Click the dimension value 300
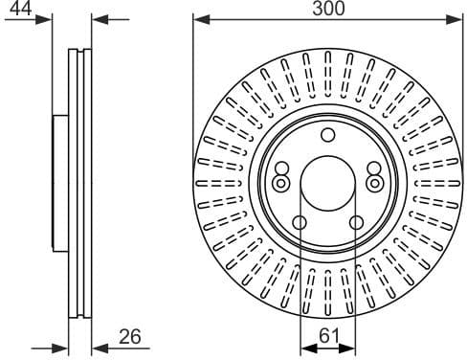(x=326, y=9)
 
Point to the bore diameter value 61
(x=327, y=335)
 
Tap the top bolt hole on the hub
(x=327, y=134)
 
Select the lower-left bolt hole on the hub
(x=299, y=223)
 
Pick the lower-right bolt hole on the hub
(x=356, y=223)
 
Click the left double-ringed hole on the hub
(x=280, y=182)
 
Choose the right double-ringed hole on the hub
(x=373, y=182)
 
